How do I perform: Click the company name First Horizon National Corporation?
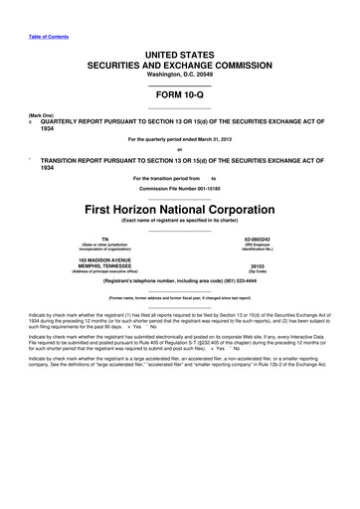(x=180, y=211)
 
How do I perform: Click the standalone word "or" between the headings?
(x=180, y=151)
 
